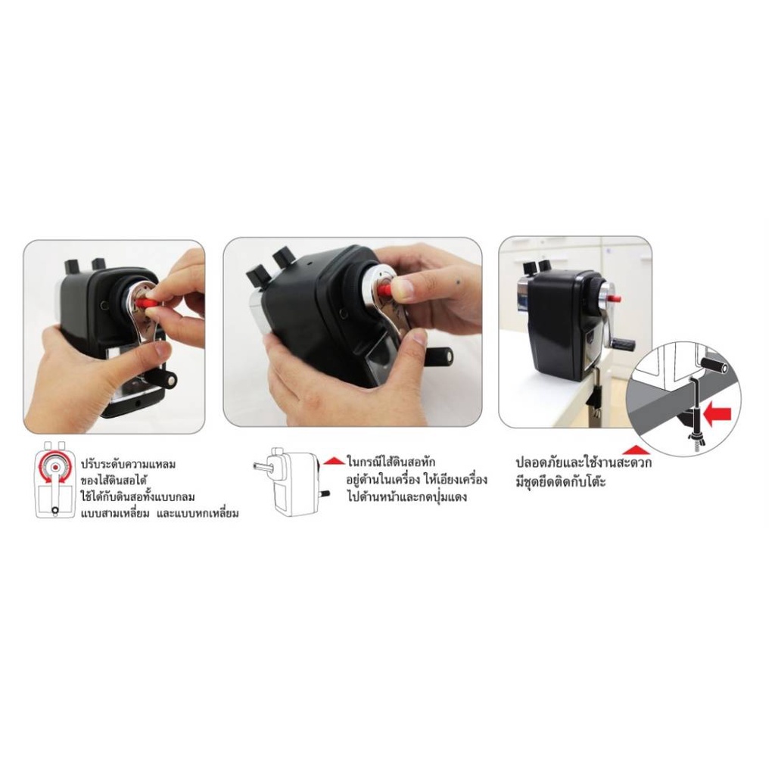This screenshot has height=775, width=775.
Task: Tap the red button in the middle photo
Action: [x=384, y=289]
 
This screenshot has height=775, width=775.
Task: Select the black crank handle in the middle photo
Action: [x=440, y=355]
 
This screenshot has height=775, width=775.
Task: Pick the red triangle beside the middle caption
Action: [x=334, y=461]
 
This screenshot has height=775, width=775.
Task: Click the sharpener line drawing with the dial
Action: [x=54, y=480]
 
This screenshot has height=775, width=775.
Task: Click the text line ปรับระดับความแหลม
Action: [x=128, y=465]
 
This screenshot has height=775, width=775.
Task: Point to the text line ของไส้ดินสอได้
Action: [x=115, y=481]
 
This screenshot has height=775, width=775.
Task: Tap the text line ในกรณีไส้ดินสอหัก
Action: [x=391, y=462]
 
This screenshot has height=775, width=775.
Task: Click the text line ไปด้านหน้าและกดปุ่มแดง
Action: [x=406, y=496]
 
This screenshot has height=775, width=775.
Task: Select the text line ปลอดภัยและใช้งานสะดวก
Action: [x=584, y=462]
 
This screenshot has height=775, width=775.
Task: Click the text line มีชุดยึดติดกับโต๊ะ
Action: [x=561, y=481]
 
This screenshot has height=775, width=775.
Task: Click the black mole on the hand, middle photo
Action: [x=458, y=282]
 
